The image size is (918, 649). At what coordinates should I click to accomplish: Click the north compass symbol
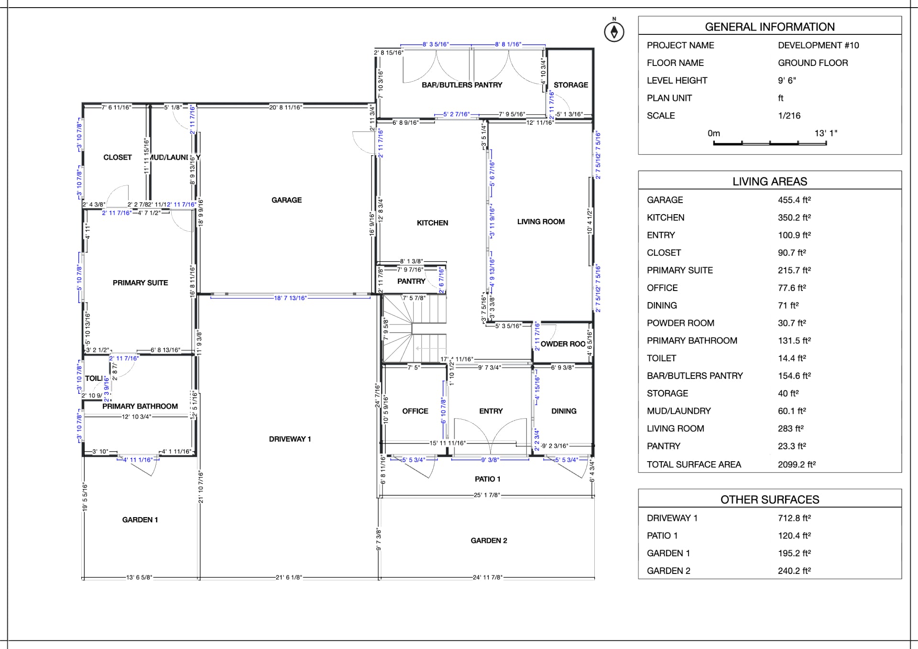(614, 32)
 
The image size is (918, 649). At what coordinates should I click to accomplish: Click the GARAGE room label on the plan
(286, 200)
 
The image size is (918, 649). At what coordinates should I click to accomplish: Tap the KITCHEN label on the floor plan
(432, 223)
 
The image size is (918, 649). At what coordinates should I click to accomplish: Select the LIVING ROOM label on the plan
(541, 222)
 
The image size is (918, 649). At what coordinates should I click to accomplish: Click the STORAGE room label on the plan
(570, 85)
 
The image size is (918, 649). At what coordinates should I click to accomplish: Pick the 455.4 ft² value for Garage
(794, 200)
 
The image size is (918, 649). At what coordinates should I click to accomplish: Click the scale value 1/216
(789, 116)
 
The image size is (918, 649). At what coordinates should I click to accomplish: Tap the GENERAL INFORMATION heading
(769, 27)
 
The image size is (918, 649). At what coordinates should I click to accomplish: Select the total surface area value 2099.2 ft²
(797, 465)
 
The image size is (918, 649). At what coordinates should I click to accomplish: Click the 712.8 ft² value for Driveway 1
(794, 518)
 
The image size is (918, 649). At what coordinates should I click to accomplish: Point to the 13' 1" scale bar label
(826, 133)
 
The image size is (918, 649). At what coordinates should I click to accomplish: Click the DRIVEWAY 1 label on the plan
(290, 439)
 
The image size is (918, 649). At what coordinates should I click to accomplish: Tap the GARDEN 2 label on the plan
(489, 541)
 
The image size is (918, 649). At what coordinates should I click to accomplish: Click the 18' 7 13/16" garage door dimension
(290, 298)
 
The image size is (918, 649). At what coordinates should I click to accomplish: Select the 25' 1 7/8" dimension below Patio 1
(487, 495)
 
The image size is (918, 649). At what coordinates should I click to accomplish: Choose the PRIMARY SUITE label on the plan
(140, 283)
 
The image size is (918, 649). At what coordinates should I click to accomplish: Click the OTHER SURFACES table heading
(769, 500)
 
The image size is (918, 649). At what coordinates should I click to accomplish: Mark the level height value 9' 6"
(787, 81)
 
